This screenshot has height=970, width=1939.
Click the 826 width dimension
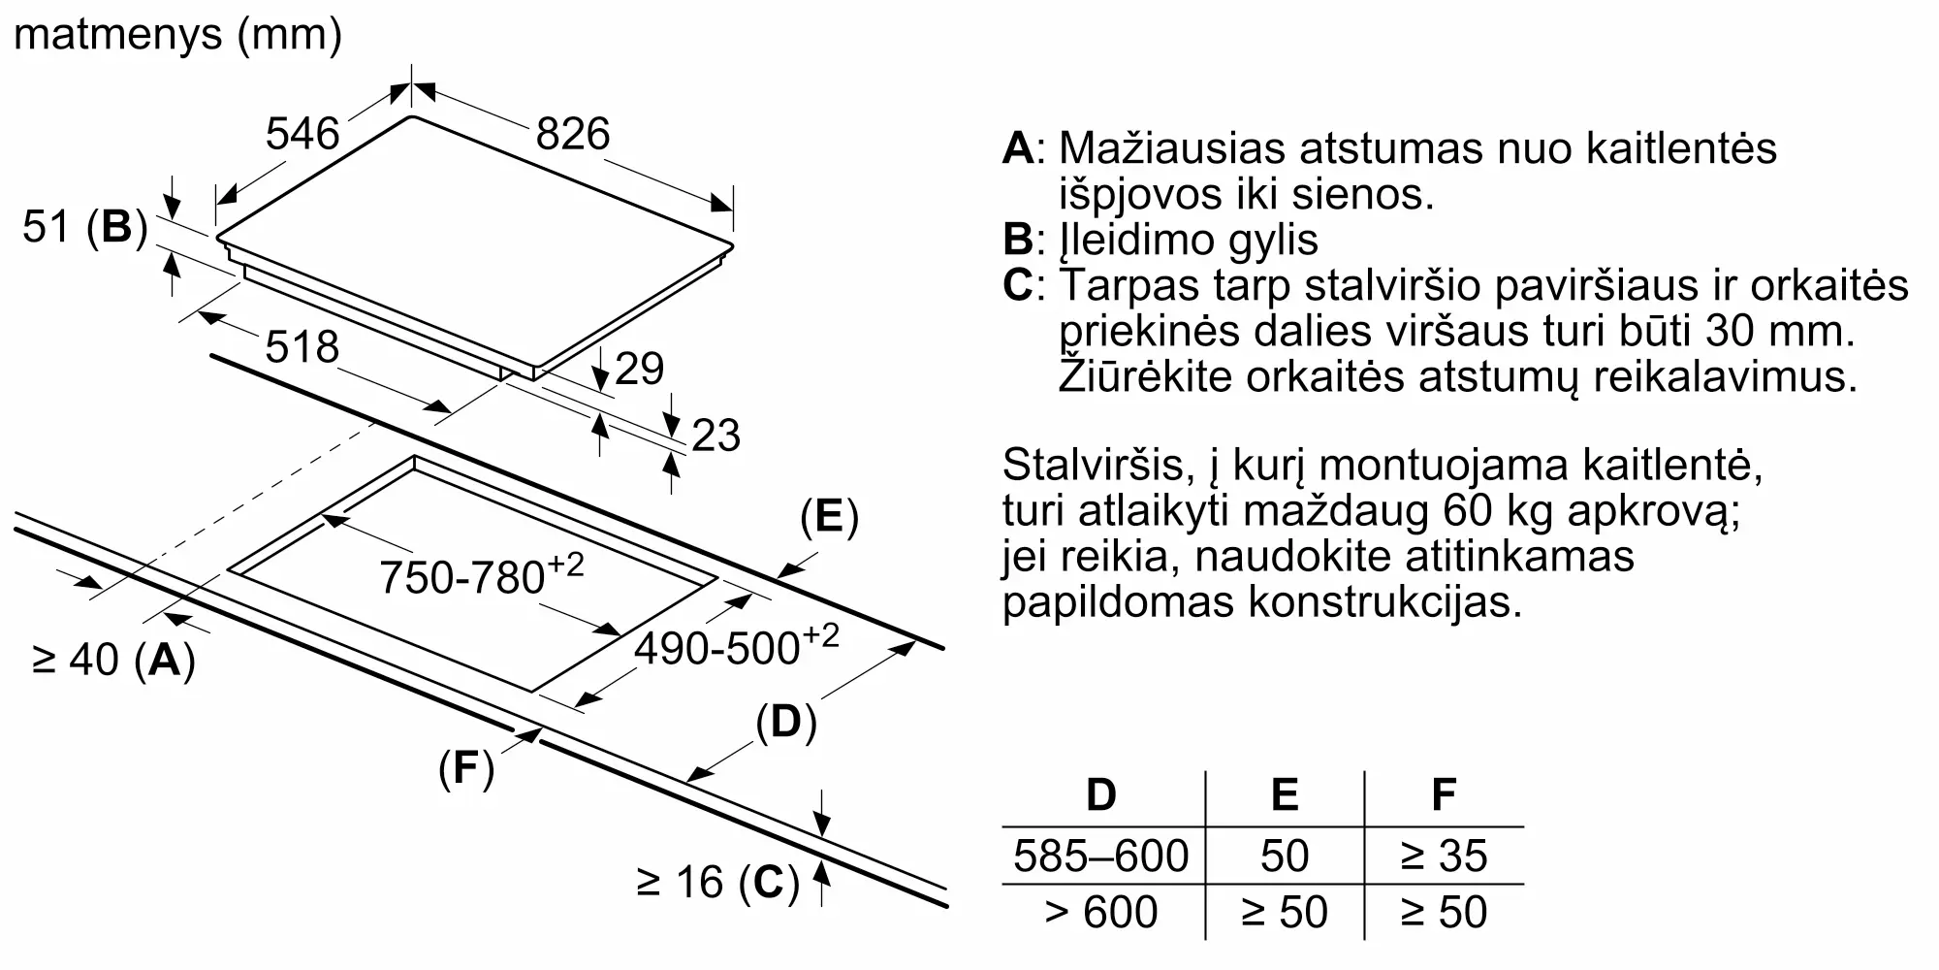coord(573,134)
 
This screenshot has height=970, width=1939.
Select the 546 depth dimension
coord(302,134)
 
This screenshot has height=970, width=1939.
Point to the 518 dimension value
coord(302,347)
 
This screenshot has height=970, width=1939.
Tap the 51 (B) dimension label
coord(84,228)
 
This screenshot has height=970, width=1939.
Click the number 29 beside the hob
coord(639,369)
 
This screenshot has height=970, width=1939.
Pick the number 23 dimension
coord(715,436)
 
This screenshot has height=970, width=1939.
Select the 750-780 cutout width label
coord(481,575)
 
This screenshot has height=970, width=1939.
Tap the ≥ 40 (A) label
coord(113,661)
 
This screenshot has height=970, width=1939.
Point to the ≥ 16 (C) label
coord(717,883)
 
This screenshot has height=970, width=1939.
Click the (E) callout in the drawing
coord(829,517)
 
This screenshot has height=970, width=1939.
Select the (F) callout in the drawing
coord(466,768)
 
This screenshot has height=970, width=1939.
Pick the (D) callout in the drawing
coord(785,723)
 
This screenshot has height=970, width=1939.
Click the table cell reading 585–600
coord(1100,856)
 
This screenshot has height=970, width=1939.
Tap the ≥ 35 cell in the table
coord(1444,856)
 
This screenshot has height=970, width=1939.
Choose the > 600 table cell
coord(1100,913)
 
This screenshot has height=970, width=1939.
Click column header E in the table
coord(1284,795)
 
